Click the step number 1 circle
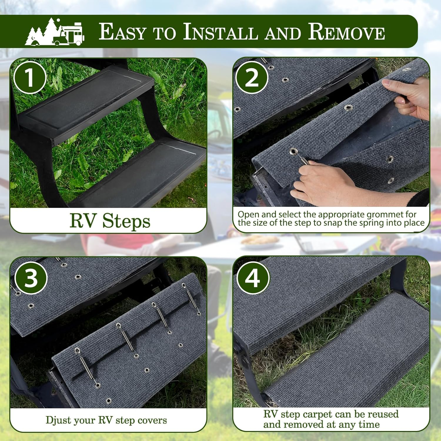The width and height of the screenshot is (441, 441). pyautogui.click(x=30, y=78)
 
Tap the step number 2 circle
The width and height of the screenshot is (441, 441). pyautogui.click(x=252, y=78)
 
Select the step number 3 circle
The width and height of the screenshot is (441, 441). pyautogui.click(x=31, y=278)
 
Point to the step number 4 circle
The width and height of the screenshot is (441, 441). pyautogui.click(x=253, y=278)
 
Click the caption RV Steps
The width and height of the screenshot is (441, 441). pyautogui.click(x=110, y=221)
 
